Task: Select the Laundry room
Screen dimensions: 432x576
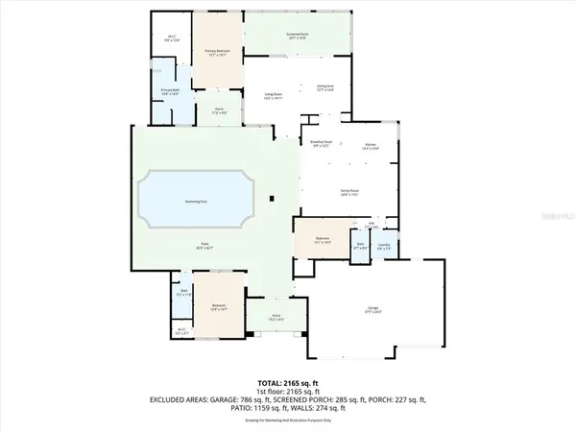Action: (385, 244)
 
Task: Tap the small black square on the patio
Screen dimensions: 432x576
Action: (273, 199)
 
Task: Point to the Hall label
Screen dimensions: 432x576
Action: (371, 224)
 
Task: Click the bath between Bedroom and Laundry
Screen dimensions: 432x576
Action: (361, 245)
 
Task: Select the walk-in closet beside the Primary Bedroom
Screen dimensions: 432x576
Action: (171, 39)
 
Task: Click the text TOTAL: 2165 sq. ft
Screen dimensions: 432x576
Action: (288, 382)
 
